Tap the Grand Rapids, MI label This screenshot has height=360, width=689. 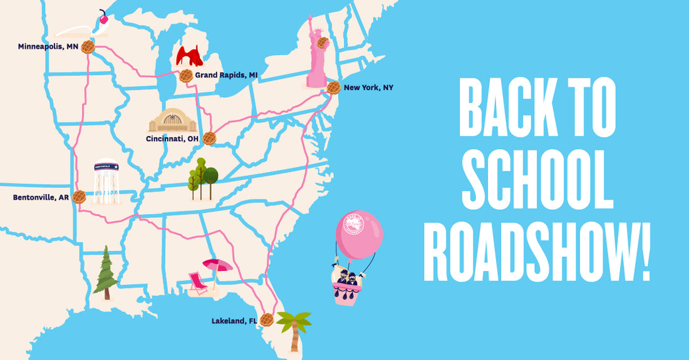pyautogui.click(x=226, y=75)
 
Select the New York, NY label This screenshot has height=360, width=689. pyautogui.click(x=368, y=88)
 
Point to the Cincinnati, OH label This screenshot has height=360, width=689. pyautogui.click(x=172, y=138)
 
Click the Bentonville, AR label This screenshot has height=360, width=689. pyautogui.click(x=41, y=197)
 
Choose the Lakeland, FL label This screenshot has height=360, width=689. pyautogui.click(x=234, y=321)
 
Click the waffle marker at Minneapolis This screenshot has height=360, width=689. pyautogui.click(x=86, y=47)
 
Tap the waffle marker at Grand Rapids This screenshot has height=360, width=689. pyautogui.click(x=185, y=76)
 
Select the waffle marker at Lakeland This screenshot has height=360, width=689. pyautogui.click(x=267, y=319)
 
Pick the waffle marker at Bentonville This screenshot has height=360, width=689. pyautogui.click(x=78, y=197)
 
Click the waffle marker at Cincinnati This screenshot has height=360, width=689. pyautogui.click(x=209, y=138)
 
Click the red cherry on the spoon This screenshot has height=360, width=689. pyautogui.click(x=103, y=19)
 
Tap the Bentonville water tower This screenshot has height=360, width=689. pyautogui.click(x=106, y=182)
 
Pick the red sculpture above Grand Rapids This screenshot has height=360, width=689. pyautogui.click(x=189, y=56)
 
